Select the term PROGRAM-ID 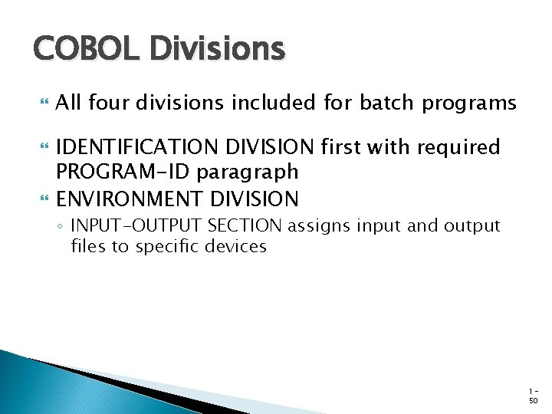(123, 172)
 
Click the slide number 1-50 (533, 396)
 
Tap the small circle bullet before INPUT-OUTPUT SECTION (60, 227)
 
